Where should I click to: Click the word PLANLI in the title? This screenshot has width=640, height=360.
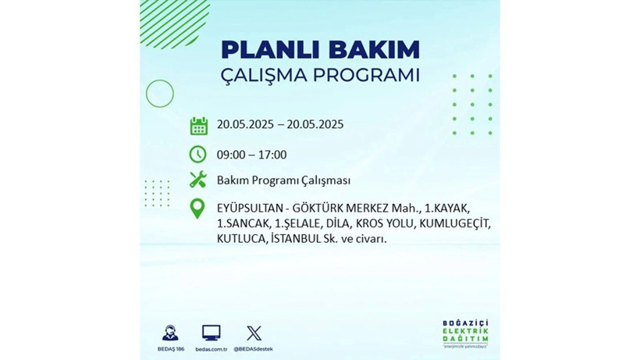265,49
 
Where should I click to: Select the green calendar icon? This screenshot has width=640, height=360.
198,126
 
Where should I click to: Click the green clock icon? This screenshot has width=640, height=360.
198,154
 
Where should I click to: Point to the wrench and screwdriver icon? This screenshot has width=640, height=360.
198,180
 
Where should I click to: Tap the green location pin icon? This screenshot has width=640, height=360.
198,209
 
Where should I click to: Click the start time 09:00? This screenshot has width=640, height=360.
232,155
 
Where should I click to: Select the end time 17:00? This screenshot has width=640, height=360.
272,155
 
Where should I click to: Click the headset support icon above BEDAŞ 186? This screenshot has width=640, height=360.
169,333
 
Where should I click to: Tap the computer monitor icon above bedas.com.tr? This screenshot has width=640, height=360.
211,333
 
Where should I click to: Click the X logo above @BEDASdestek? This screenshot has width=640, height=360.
254,333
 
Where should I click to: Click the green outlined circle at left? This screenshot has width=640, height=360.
159,94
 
